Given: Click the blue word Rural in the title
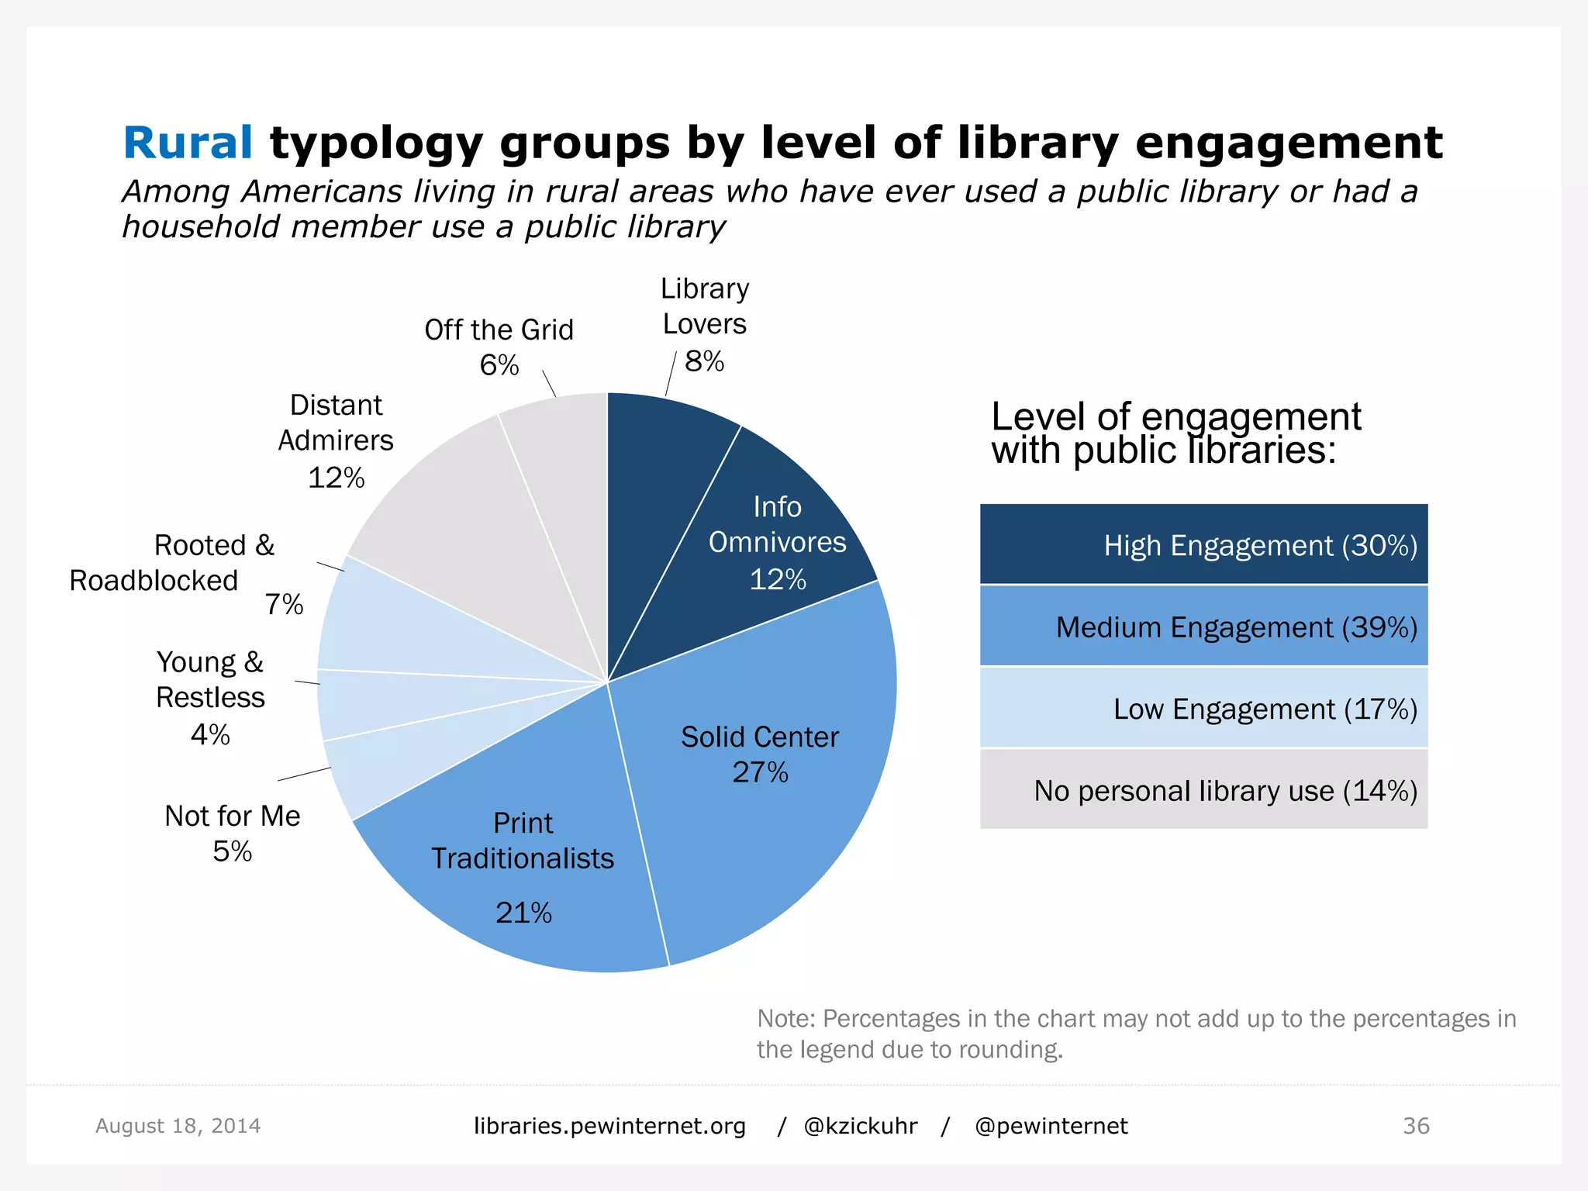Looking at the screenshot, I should tap(188, 143).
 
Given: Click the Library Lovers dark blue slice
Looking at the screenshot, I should tap(659, 481).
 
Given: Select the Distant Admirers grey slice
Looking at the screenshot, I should tap(465, 535).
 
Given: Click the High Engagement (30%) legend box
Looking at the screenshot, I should tap(1203, 544).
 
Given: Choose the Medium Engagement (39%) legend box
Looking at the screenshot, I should tap(1203, 627).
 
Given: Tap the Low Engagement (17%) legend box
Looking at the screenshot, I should tap(1203, 708).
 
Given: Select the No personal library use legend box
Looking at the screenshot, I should tap(1203, 790).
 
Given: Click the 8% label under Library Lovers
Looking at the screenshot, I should tap(704, 361).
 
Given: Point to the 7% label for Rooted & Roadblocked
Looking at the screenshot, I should tap(284, 604).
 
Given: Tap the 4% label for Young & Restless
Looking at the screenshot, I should tap(210, 734).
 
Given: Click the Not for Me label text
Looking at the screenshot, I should tap(232, 816).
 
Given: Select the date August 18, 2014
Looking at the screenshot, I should tap(178, 1126).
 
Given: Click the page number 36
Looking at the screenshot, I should tap(1416, 1126).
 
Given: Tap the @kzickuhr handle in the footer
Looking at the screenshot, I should tap(861, 1126).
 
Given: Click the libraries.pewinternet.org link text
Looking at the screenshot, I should tap(609, 1126).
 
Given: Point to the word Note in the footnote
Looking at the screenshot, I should tap(784, 1018).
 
